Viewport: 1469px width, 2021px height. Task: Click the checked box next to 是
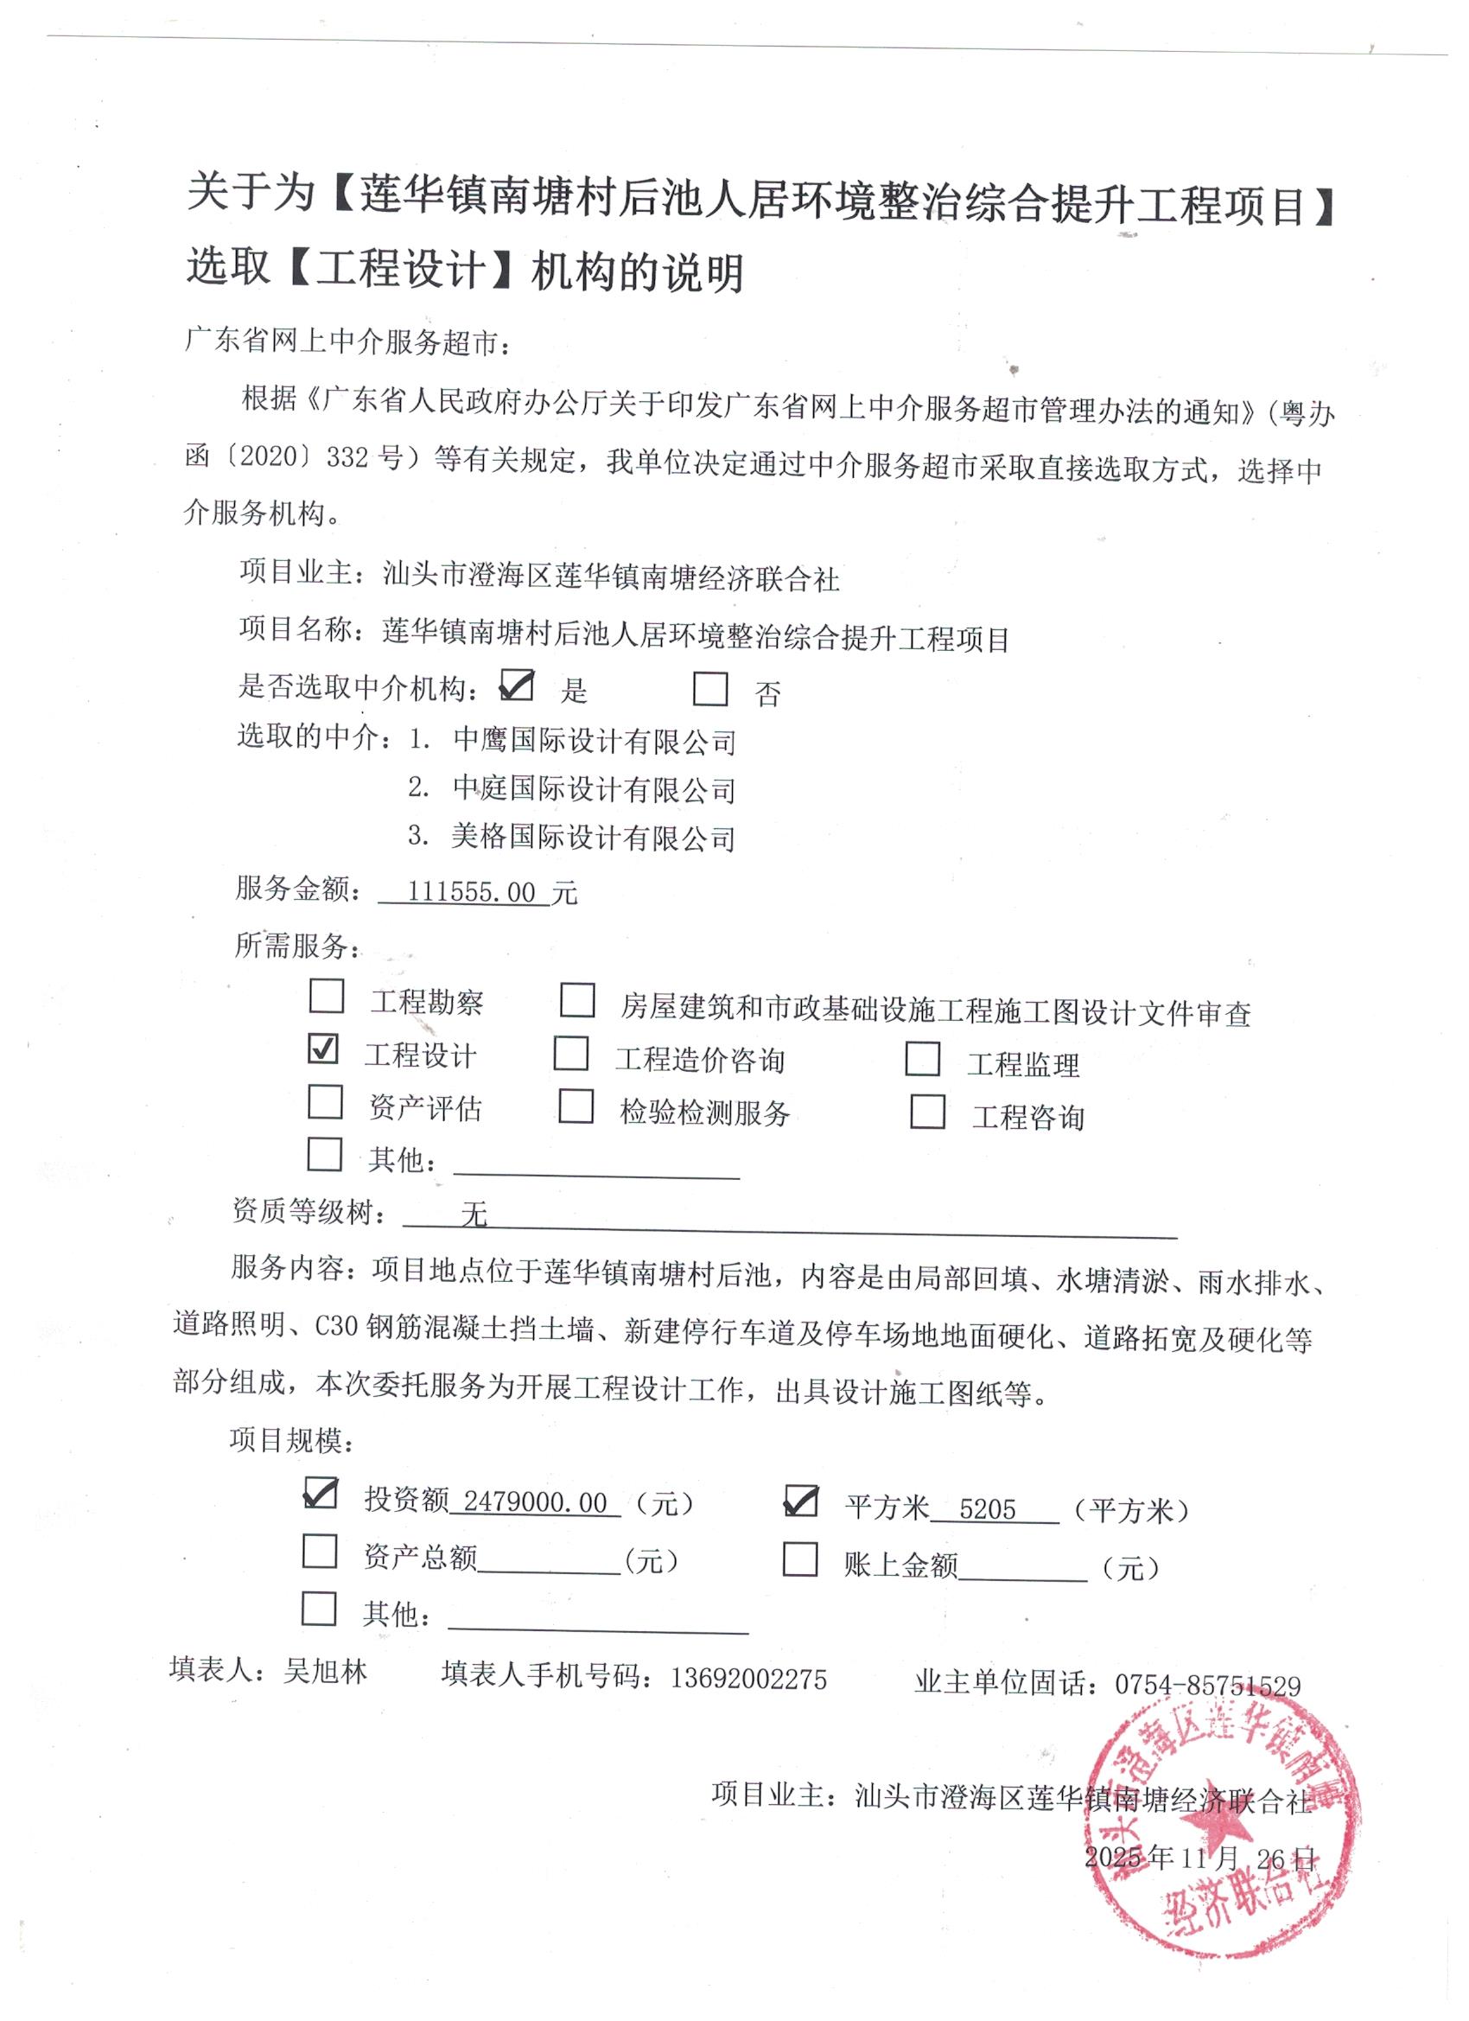pos(517,685)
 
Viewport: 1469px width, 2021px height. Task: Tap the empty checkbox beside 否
pos(710,689)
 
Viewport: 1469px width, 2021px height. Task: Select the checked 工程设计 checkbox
pos(322,1049)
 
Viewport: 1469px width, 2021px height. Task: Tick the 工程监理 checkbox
pos(922,1059)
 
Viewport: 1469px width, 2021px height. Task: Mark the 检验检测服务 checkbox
pos(576,1106)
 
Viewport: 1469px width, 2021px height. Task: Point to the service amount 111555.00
pos(470,892)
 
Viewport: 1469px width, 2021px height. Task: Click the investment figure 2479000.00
pos(535,1502)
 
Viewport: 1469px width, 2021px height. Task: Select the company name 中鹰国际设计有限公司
pos(595,742)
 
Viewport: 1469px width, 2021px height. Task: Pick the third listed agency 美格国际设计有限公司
pos(594,838)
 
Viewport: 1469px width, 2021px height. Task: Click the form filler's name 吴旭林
pos(325,1671)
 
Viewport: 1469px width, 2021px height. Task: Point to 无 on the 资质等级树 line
pos(474,1214)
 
